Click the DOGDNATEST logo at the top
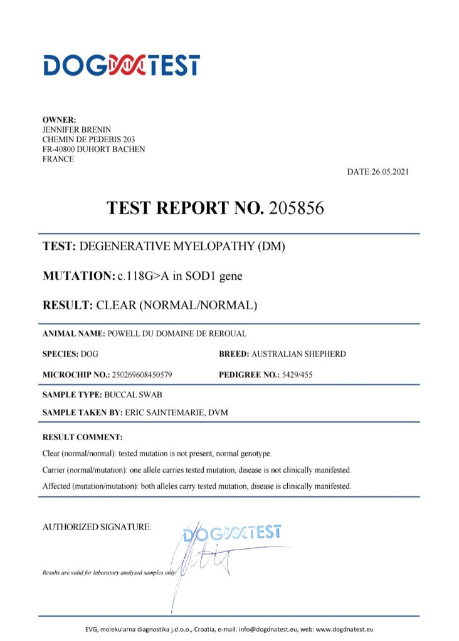(x=121, y=65)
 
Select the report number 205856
(x=296, y=208)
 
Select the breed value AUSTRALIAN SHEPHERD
(x=298, y=354)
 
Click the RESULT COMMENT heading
(x=82, y=437)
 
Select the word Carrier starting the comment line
(x=55, y=469)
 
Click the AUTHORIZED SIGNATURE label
(x=97, y=528)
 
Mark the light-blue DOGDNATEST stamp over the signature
(x=233, y=533)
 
